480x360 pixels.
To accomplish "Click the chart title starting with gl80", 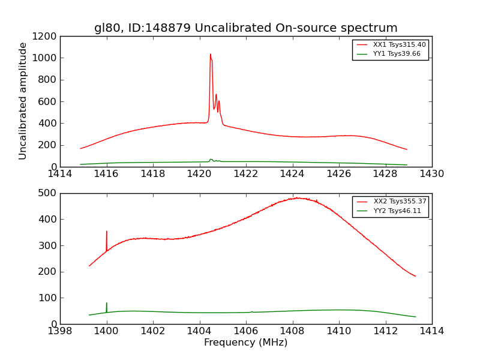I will click(x=245, y=28).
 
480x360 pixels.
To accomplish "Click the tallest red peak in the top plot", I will click(x=210, y=55).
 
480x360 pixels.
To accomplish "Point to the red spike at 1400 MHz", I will click(x=107, y=232).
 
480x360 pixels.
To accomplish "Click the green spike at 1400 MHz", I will click(x=107, y=304).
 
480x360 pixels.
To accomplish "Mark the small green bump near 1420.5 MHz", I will click(x=211, y=160).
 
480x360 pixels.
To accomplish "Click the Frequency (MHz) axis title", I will click(x=245, y=343).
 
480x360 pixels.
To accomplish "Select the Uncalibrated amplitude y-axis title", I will click(x=23, y=101).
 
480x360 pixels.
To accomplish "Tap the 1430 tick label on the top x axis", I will click(x=431, y=174).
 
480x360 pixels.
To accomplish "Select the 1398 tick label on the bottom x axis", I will click(x=60, y=331).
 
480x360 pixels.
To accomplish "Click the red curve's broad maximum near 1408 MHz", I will click(x=297, y=198).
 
